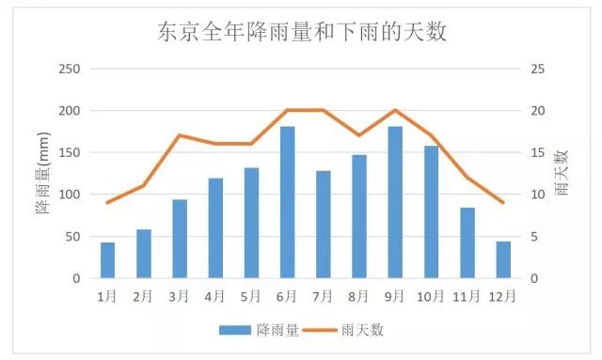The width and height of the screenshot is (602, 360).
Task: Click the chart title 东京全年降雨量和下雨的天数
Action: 301,33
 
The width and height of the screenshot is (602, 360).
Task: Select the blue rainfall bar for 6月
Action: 287,202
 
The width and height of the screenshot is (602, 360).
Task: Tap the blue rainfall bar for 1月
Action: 107,260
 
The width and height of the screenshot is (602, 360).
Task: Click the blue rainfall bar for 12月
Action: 503,259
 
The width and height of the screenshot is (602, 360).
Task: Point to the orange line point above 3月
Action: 179,135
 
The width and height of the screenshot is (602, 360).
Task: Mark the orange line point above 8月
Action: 359,135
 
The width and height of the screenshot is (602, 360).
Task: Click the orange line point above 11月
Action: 467,178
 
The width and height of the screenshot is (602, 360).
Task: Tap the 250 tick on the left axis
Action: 70,69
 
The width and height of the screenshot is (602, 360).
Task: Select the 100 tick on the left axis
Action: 70,195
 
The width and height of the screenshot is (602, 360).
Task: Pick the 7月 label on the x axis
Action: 323,296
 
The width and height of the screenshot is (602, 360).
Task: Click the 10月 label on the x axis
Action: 431,296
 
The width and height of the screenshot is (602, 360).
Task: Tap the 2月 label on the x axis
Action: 143,296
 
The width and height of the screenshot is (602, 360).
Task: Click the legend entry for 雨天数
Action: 348,329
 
